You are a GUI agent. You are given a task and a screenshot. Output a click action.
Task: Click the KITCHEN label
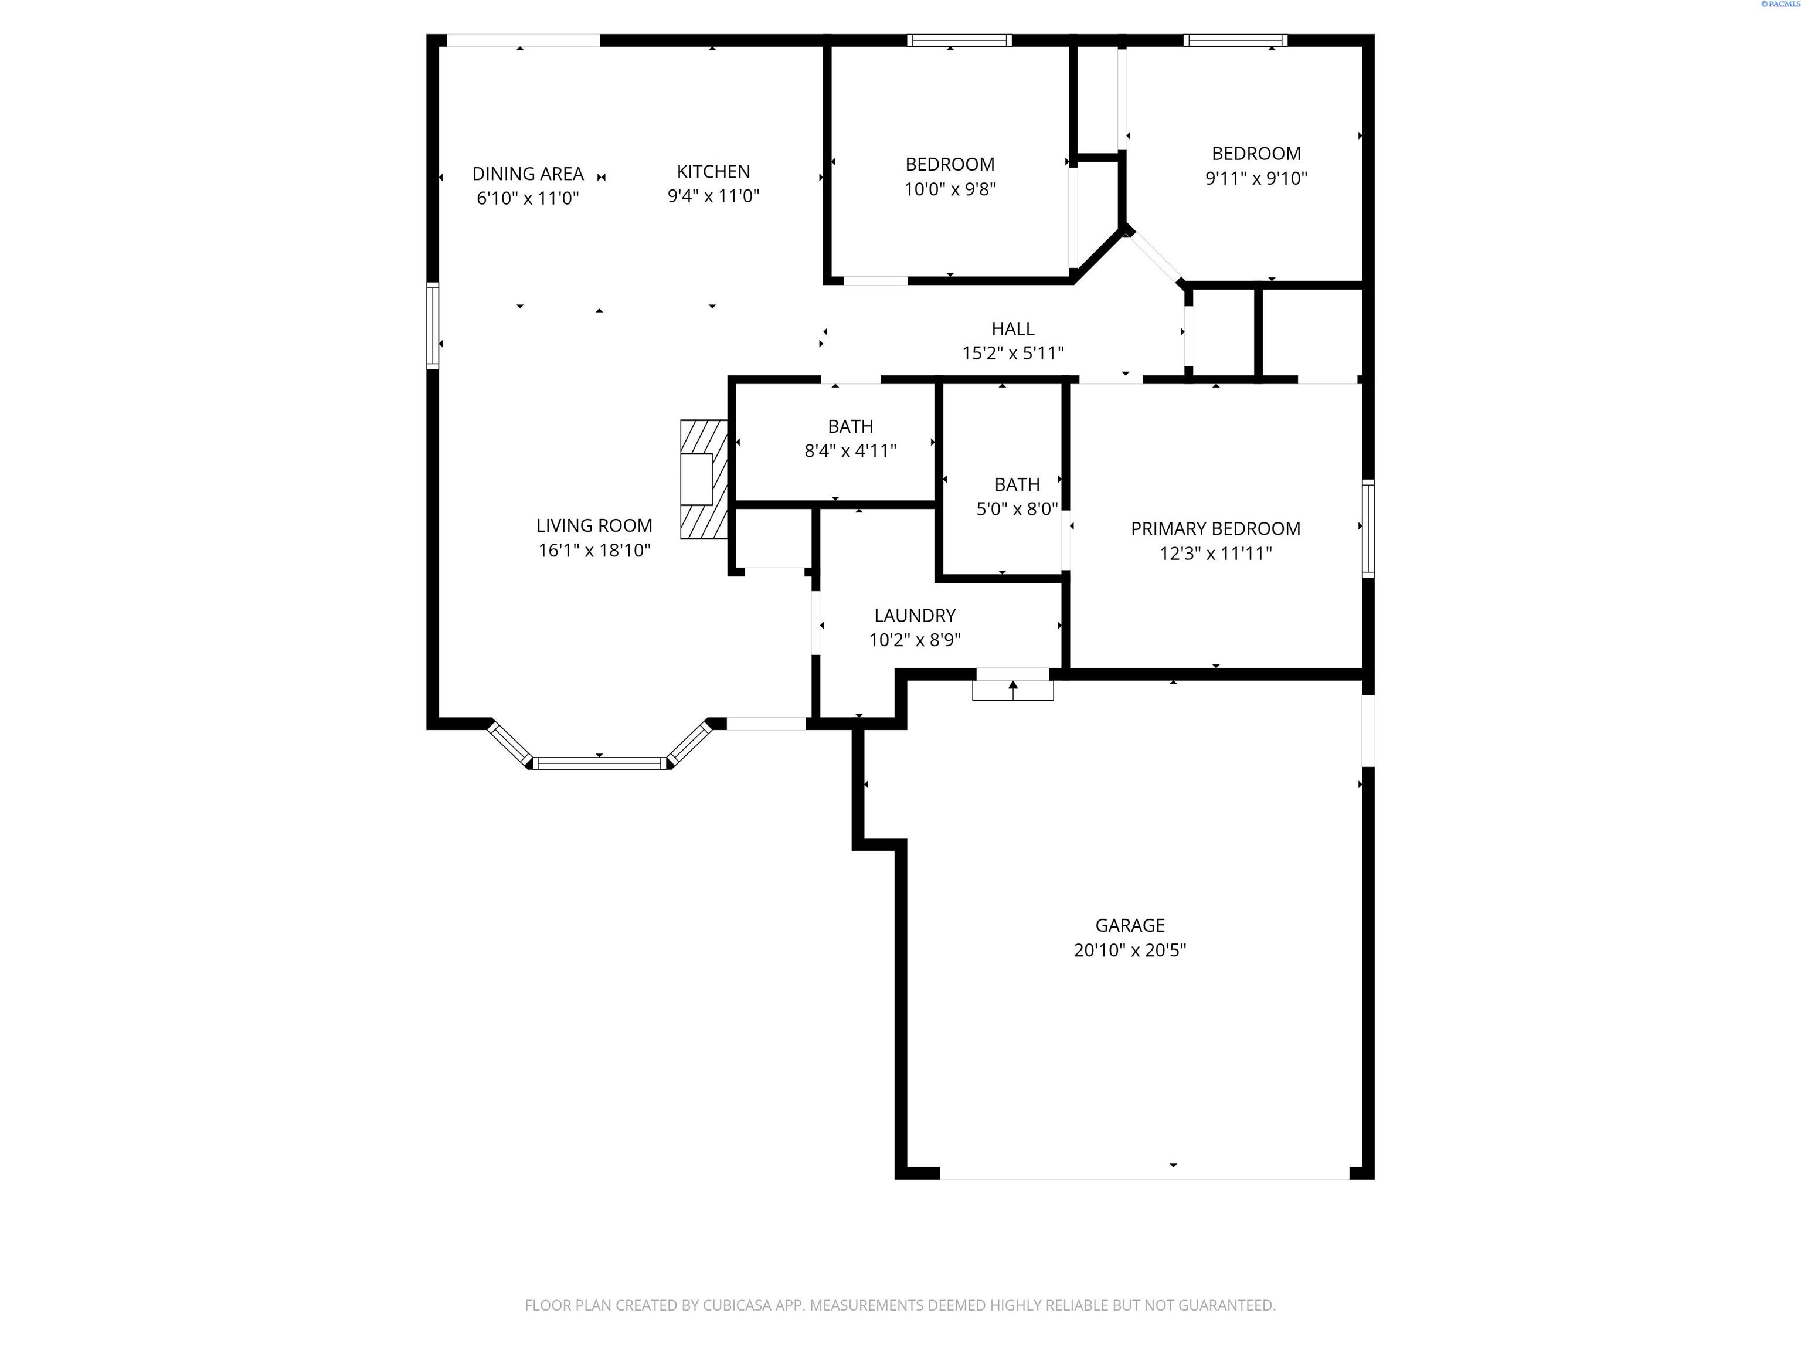[x=713, y=172]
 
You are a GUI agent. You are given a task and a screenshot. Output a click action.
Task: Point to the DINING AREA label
[x=528, y=174]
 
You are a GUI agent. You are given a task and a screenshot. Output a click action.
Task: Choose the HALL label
[x=1013, y=329]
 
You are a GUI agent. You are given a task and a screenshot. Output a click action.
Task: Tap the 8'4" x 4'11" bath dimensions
[x=850, y=451]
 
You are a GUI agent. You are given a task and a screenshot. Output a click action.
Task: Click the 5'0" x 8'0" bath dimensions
[x=1017, y=510]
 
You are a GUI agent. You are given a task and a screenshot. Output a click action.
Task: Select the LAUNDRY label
[x=915, y=616]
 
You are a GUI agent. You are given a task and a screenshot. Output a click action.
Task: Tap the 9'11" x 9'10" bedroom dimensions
[x=1256, y=178]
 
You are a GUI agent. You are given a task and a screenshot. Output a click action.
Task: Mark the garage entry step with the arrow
[x=1013, y=690]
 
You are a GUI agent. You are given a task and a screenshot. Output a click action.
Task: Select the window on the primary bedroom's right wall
[x=1368, y=528]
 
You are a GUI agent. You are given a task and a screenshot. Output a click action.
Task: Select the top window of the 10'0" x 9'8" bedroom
[x=959, y=40]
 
